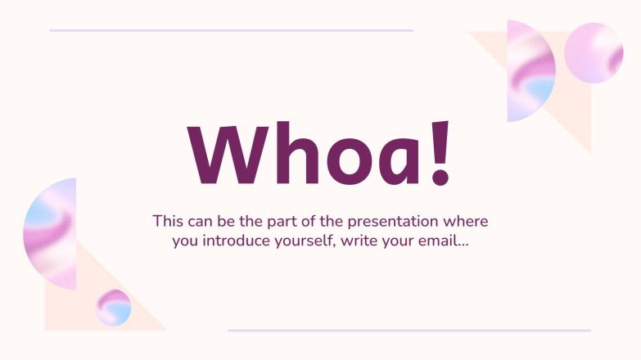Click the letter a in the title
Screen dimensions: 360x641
pos(399,162)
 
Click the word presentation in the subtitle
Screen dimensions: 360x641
pos(393,222)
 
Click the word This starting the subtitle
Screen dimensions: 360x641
pos(167,222)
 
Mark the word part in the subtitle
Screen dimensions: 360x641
pos(284,222)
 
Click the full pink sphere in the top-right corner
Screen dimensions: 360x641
pos(594,52)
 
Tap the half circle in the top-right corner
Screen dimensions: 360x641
pos(530,71)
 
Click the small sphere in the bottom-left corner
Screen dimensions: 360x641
pos(113,308)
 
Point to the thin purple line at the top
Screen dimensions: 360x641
pos(231,30)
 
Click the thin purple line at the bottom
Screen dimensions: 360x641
pos(409,331)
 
